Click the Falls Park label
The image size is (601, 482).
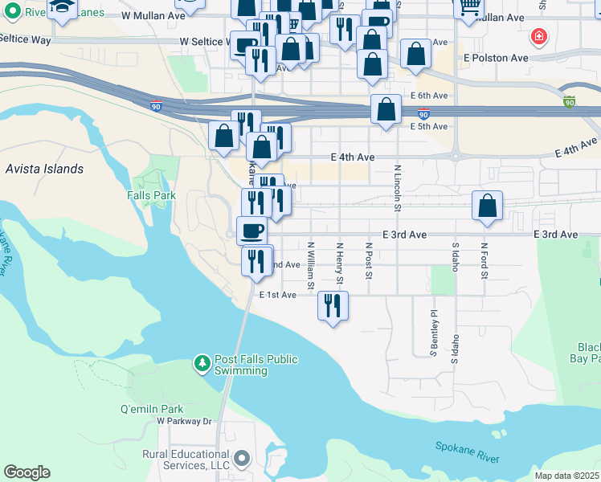pos(151,195)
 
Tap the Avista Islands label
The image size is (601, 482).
pos(44,169)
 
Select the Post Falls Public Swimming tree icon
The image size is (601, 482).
pos(202,365)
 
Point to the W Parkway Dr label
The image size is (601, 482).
pos(183,420)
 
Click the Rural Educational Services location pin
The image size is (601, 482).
pos(242,460)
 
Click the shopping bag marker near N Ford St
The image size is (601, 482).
pos(488,206)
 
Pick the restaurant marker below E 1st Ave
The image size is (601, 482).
pos(333,306)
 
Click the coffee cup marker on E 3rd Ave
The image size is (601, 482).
pos(252,230)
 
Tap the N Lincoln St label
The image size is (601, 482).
pos(398,189)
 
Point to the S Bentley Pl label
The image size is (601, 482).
pos(433,333)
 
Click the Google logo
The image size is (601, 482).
pos(27,472)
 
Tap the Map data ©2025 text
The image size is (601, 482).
pos(566,476)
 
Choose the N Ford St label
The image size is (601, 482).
pos(484,262)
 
